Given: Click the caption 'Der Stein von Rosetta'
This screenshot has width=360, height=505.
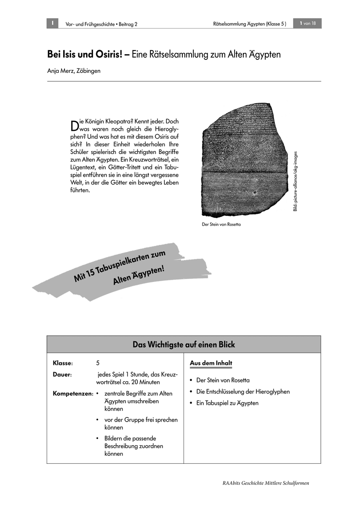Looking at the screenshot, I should click(221, 225).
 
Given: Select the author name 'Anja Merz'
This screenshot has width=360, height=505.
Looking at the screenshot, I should click(60, 71).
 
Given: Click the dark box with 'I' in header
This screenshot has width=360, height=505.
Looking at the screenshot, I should click(52, 24).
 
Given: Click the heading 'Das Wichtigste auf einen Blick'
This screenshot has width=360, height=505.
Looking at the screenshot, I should click(184, 345).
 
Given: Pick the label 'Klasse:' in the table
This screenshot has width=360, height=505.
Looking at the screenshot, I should click(63, 363).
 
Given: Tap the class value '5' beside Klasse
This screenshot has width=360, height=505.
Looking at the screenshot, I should click(98, 363).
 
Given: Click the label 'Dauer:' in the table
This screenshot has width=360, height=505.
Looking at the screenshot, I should click(62, 374).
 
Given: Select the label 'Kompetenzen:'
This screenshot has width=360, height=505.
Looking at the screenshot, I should click(73, 394).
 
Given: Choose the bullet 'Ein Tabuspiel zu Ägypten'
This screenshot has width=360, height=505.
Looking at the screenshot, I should click(227, 403).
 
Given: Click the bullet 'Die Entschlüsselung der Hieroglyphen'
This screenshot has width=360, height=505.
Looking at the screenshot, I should click(243, 392).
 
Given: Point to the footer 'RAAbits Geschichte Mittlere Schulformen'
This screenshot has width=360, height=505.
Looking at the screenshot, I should click(266, 483).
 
